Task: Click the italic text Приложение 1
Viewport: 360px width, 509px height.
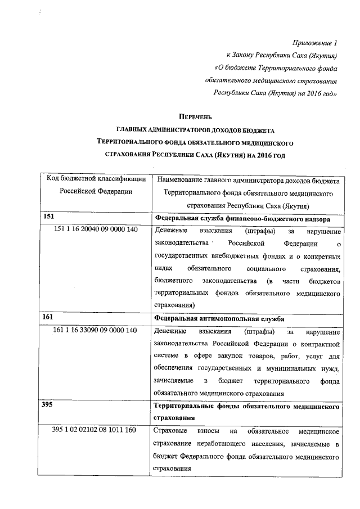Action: [316, 43]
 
